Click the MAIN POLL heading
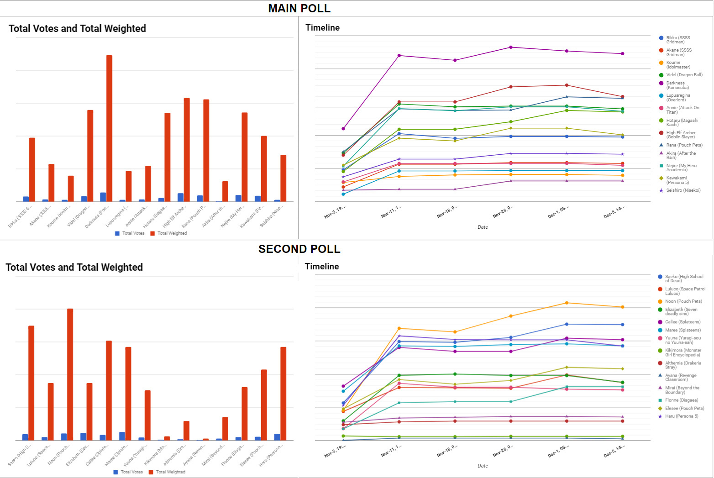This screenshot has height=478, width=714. (299, 8)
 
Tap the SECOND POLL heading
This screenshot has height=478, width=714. (299, 249)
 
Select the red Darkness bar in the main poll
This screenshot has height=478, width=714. (109, 128)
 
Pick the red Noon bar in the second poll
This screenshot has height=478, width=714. (70, 374)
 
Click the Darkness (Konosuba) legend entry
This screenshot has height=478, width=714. (677, 85)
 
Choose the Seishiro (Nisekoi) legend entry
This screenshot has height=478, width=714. (682, 190)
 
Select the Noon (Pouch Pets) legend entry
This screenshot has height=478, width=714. (683, 301)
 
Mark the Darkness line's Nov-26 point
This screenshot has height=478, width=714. (511, 47)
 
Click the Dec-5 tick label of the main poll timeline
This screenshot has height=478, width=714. (614, 212)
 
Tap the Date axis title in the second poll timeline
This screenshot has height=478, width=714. (483, 466)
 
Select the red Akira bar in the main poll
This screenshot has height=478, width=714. (225, 191)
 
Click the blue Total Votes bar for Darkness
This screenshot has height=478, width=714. (103, 197)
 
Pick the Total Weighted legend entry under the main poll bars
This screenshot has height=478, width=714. (172, 233)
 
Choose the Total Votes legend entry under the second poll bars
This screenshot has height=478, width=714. (131, 472)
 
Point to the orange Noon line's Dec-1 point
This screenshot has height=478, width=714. (567, 303)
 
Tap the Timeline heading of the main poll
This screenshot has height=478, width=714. (322, 28)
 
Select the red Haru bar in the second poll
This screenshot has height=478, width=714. (283, 394)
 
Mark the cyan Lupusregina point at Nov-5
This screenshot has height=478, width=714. (343, 194)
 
